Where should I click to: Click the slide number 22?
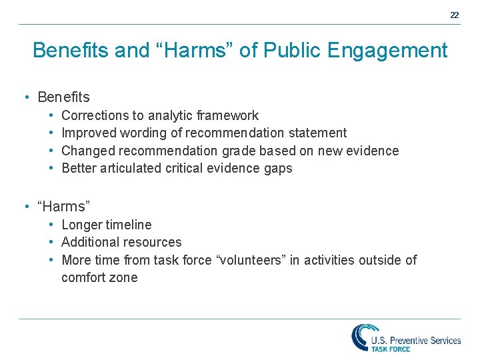tap(454, 15)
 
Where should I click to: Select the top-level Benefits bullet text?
tap(63, 97)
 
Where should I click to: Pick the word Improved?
tap(88, 133)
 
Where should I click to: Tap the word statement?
tap(315, 133)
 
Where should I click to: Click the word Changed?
tap(87, 151)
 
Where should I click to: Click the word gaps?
tap(278, 168)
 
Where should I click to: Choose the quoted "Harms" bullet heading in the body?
tap(64, 207)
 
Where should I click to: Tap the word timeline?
tap(128, 225)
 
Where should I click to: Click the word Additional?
tap(90, 242)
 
